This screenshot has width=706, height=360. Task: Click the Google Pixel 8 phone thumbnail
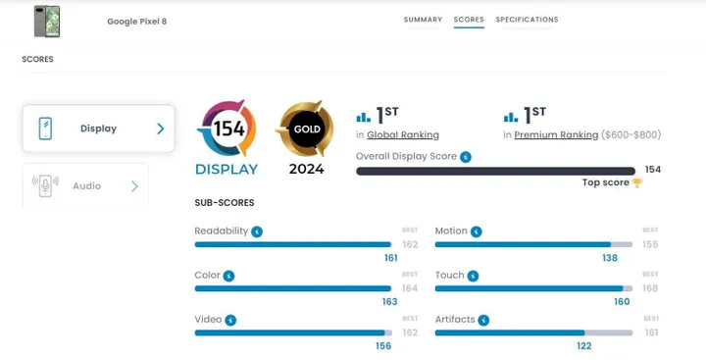coord(46,21)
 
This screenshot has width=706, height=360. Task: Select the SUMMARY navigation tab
coord(423,20)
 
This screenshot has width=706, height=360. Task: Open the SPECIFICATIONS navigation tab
coord(527,20)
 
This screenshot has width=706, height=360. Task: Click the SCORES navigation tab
coord(469,20)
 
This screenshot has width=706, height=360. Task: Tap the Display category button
coord(98,129)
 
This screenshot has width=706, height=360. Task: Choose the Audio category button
coord(85,185)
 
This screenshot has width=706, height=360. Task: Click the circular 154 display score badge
coord(227,129)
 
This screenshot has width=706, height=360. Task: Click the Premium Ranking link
coord(556,135)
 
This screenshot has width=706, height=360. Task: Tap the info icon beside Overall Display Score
coord(466,156)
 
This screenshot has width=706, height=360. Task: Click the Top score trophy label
coord(612,182)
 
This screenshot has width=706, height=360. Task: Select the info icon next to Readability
coord(257,231)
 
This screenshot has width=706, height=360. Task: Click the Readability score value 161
coord(390,258)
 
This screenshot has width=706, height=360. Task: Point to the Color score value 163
coord(389,302)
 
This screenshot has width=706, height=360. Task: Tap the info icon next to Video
coord(230,320)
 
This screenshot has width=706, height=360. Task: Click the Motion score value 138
coord(610,258)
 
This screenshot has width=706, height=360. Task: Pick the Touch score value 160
coord(622,302)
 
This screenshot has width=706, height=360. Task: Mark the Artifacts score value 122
coord(583,346)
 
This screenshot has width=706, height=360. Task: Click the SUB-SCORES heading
coord(225,203)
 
